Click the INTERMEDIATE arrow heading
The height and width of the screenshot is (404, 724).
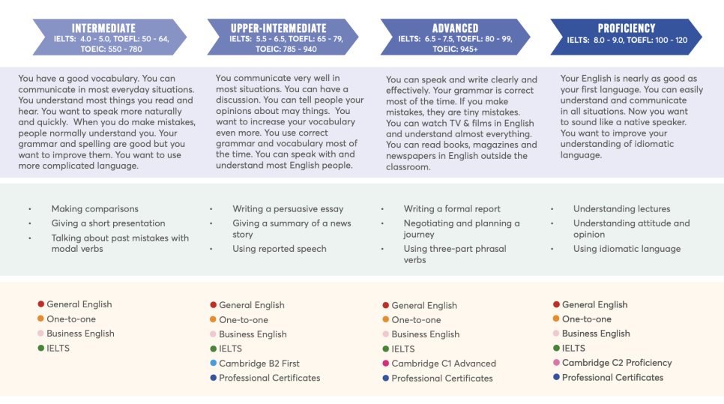pyautogui.click(x=103, y=28)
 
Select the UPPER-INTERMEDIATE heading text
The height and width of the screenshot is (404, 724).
pyautogui.click(x=278, y=28)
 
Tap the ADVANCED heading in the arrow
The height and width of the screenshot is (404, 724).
pyautogui.click(x=455, y=28)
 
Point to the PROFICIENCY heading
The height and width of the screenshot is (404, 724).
pyautogui.click(x=627, y=28)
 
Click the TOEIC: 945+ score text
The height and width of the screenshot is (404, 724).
pyautogui.click(x=455, y=49)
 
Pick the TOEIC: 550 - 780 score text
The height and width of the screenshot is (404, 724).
pyautogui.click(x=111, y=49)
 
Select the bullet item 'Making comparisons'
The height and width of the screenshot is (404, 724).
pyautogui.click(x=94, y=208)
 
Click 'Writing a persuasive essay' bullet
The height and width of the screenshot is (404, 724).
pyautogui.click(x=288, y=208)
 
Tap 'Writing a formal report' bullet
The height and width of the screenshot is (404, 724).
pyautogui.click(x=452, y=208)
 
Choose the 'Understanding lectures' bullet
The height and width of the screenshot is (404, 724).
pyautogui.click(x=621, y=208)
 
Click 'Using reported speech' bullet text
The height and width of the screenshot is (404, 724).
pyautogui.click(x=280, y=248)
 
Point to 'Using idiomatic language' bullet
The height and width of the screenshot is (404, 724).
pyautogui.click(x=627, y=248)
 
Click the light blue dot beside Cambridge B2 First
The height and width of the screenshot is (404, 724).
pyautogui.click(x=214, y=363)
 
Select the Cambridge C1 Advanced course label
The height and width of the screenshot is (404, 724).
pyautogui.click(x=444, y=364)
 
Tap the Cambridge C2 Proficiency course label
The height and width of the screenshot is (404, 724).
pyautogui.click(x=616, y=363)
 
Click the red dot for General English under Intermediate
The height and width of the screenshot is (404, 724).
pyautogui.click(x=40, y=304)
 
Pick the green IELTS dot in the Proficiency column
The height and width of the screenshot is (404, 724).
pyautogui.click(x=556, y=348)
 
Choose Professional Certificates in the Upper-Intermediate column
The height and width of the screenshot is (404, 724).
pyautogui.click(x=269, y=378)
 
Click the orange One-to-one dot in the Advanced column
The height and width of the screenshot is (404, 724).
pyautogui.click(x=385, y=319)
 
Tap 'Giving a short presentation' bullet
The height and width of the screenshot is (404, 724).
pyautogui.click(x=108, y=223)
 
